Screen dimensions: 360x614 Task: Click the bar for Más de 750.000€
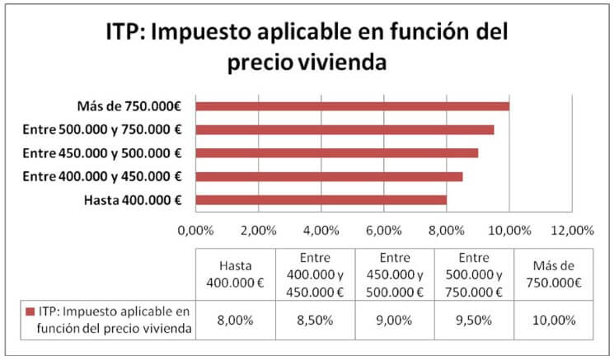point(352,105)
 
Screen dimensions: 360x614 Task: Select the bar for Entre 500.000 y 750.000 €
point(344,129)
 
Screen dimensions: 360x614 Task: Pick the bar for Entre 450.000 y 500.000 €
point(336,152)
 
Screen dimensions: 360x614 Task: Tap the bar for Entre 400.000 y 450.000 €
point(329,176)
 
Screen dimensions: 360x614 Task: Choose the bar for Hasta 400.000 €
point(321,199)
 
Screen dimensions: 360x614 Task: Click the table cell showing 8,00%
point(235,320)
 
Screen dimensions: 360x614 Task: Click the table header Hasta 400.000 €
point(235,274)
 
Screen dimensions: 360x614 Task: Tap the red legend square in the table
point(30,312)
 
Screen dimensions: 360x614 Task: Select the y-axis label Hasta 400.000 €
point(134,200)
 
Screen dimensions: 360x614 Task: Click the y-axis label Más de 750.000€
point(129,105)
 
